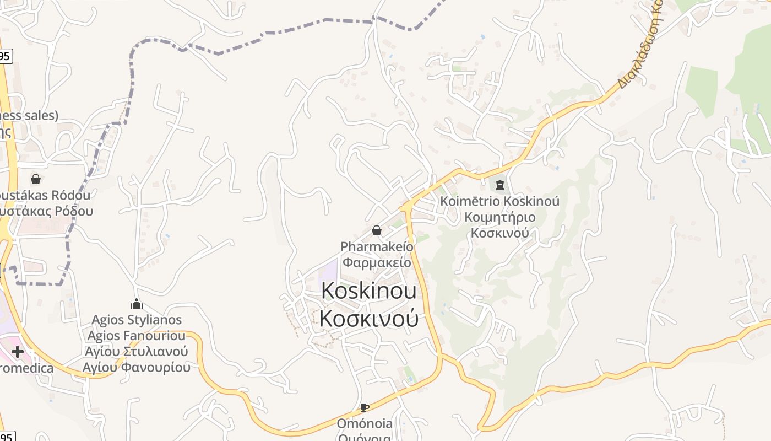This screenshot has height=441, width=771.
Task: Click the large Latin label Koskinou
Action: [368, 291]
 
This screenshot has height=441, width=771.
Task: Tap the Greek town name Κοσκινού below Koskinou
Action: [368, 318]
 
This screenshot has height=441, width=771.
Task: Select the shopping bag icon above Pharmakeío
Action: [377, 230]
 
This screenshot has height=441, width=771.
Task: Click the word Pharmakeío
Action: [377, 246]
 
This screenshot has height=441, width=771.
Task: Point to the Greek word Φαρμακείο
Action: [377, 262]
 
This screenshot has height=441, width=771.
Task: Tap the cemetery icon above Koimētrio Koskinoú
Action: [499, 185]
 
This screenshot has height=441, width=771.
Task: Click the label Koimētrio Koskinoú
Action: [499, 201]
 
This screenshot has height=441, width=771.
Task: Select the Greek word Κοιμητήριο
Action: [499, 217]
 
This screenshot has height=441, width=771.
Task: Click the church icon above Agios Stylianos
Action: [137, 304]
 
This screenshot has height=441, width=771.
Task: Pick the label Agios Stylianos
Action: [137, 320]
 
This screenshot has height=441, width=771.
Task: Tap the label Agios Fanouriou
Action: [137, 335]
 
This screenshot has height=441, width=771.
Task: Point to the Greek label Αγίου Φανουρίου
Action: [137, 367]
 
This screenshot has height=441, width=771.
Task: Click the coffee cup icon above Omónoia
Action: [364, 408]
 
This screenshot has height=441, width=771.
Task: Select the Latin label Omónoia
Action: [365, 423]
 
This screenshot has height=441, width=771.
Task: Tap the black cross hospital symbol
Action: [18, 351]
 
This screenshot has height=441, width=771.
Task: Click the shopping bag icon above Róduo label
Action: [36, 179]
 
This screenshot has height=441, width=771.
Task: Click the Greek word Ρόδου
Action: [74, 211]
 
